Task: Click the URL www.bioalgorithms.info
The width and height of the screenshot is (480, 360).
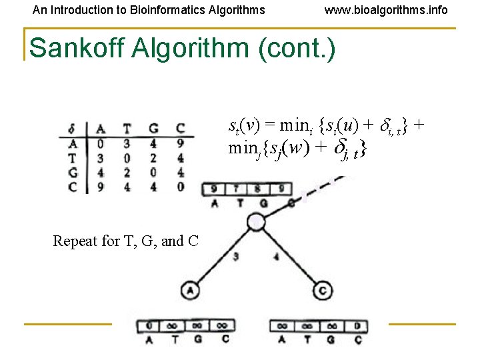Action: click(x=386, y=10)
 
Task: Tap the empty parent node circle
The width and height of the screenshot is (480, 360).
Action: click(x=255, y=222)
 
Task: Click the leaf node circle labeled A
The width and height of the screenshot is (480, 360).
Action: click(x=189, y=291)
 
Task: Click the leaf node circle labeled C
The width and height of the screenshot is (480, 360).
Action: click(x=322, y=291)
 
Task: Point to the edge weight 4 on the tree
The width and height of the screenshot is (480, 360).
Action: click(x=276, y=255)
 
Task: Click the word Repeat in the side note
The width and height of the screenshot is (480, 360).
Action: click(x=75, y=241)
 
